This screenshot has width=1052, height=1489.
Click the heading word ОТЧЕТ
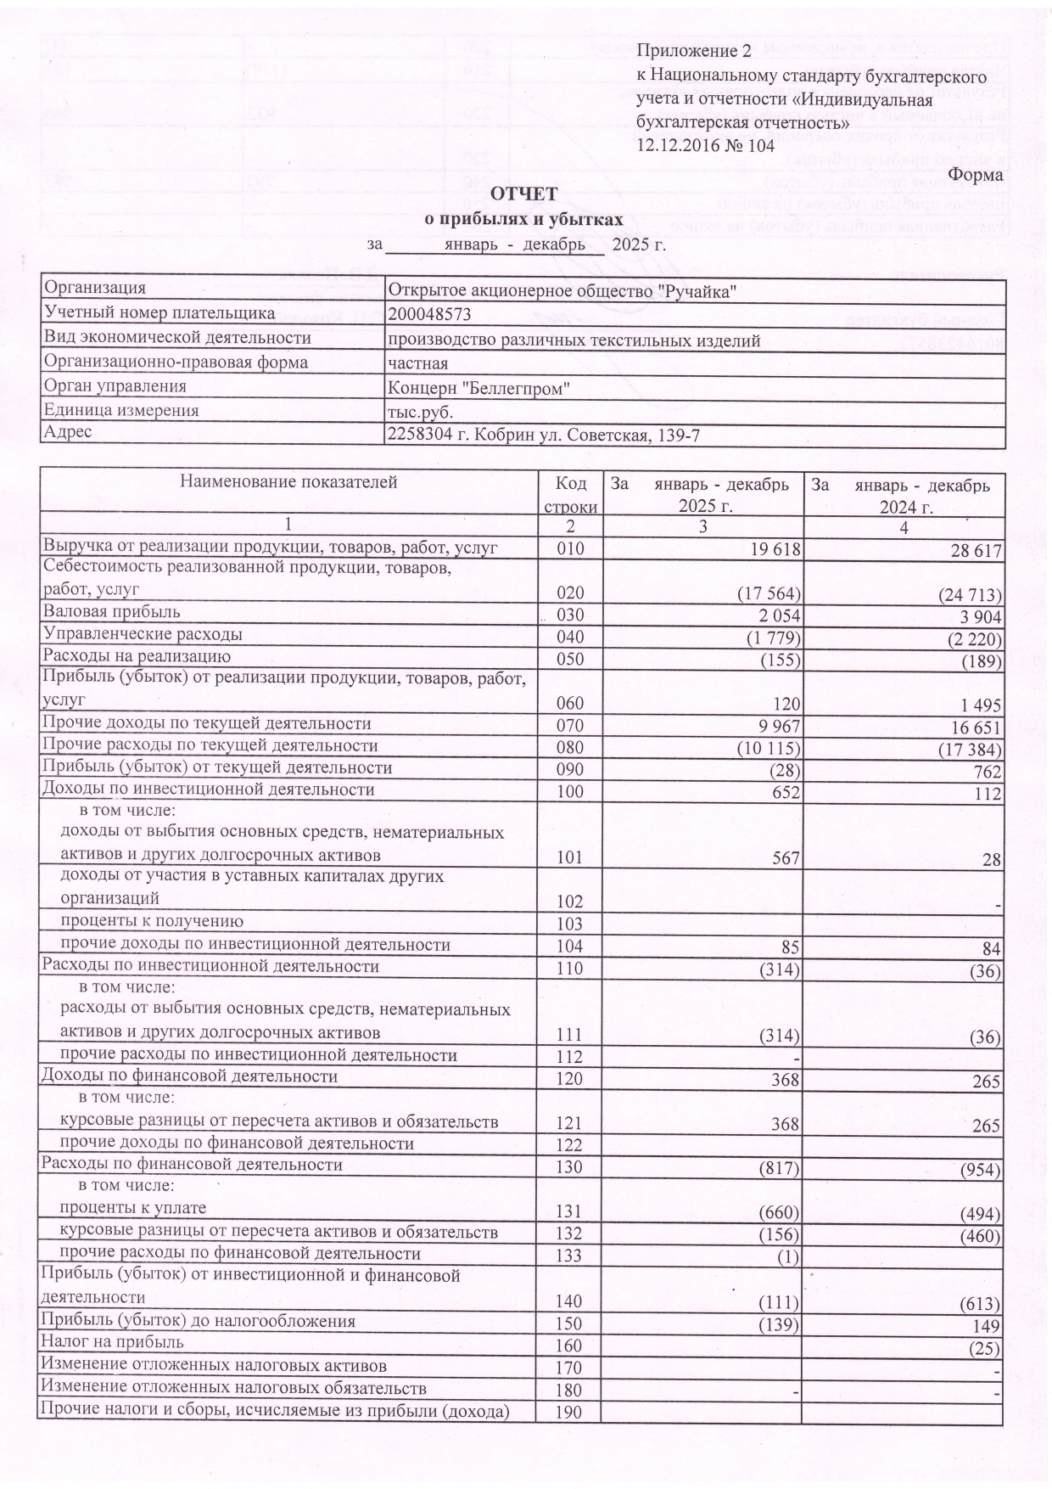pyautogui.click(x=525, y=195)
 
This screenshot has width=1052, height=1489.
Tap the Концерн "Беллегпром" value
pyautogui.click(x=478, y=388)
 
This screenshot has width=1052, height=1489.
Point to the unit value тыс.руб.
pyautogui.click(x=420, y=412)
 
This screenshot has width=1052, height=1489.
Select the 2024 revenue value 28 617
pyautogui.click(x=972, y=551)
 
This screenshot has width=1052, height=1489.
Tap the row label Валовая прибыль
pyautogui.click(x=112, y=612)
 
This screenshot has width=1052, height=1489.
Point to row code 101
pyautogui.click(x=570, y=858)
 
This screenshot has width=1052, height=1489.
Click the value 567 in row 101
pyautogui.click(x=785, y=858)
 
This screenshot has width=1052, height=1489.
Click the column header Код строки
pyautogui.click(x=570, y=495)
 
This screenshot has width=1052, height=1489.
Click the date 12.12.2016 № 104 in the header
pyautogui.click(x=706, y=145)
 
